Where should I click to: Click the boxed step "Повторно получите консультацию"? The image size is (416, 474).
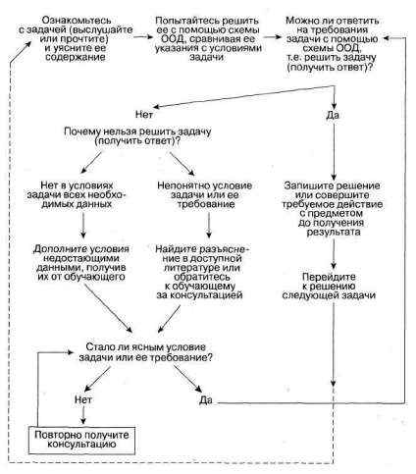click(81, 441)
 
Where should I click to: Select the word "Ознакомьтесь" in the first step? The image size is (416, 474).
click(77, 21)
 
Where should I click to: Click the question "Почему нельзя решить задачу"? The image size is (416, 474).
click(137, 136)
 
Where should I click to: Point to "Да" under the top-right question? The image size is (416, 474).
click(333, 115)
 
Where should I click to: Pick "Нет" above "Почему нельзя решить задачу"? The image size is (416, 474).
click(144, 115)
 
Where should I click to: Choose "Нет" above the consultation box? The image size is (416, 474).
click(83, 399)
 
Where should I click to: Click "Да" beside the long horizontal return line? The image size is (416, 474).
click(206, 400)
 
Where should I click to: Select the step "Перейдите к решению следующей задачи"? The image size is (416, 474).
click(329, 286)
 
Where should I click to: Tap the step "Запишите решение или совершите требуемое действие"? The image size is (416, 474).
click(333, 209)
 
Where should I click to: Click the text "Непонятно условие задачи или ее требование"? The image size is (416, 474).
click(205, 194)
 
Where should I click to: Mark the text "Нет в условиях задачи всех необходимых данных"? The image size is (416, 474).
click(77, 194)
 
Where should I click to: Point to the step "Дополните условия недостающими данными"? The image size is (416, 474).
click(81, 263)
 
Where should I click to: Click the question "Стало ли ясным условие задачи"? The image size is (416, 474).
click(145, 352)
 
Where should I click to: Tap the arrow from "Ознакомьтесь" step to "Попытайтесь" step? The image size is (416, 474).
click(143, 37)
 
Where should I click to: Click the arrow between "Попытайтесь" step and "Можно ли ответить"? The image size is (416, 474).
click(273, 37)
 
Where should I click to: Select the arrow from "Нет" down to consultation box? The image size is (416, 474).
click(83, 415)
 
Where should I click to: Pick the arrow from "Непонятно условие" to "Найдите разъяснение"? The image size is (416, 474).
click(209, 225)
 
